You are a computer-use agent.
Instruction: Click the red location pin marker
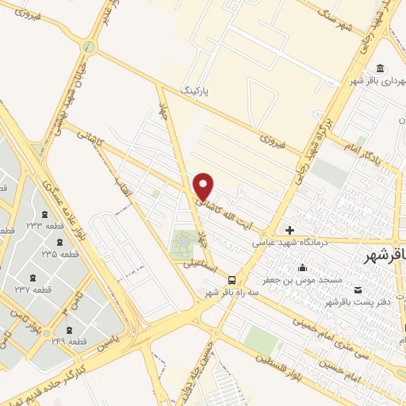pos(205,186)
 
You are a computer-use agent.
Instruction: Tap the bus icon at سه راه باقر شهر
pos(232,279)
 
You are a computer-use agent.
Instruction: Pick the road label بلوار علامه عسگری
pos(71,214)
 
